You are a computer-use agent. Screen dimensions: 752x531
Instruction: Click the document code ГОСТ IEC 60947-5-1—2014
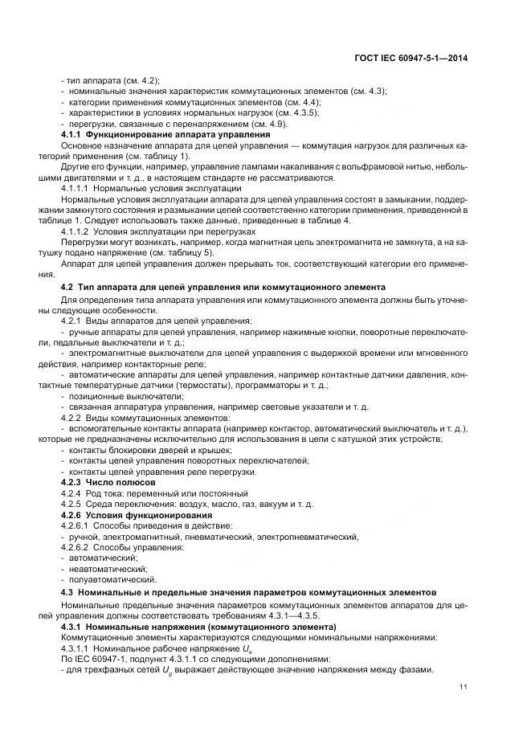pyautogui.click(x=412, y=58)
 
